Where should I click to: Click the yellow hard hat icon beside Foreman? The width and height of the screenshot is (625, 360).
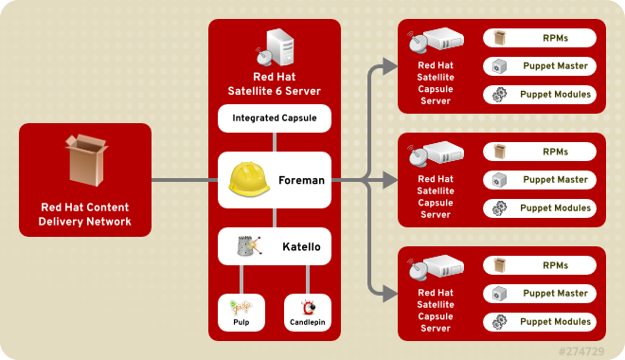click(x=249, y=180)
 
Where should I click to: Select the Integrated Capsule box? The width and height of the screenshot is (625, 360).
click(x=274, y=118)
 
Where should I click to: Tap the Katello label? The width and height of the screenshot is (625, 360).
click(x=301, y=246)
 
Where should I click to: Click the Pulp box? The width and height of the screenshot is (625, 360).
click(x=241, y=310)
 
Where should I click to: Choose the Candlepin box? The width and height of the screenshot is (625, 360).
click(x=307, y=310)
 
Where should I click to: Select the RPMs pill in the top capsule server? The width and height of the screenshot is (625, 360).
click(x=540, y=38)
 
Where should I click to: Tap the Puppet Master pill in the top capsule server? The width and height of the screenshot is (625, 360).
click(x=540, y=66)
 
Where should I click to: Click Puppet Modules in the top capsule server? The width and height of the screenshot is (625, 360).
click(x=540, y=95)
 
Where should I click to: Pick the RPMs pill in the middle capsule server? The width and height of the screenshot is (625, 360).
click(x=540, y=152)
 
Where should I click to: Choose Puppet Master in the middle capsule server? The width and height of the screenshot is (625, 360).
click(x=540, y=180)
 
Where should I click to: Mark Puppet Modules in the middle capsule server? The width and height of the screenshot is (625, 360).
click(x=540, y=208)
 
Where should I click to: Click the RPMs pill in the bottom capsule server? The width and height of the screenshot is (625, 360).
click(x=540, y=265)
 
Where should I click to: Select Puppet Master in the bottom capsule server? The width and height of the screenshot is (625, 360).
click(x=540, y=294)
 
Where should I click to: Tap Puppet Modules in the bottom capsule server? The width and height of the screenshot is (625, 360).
click(x=540, y=322)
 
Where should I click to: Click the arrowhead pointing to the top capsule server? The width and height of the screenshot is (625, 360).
click(x=389, y=66)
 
